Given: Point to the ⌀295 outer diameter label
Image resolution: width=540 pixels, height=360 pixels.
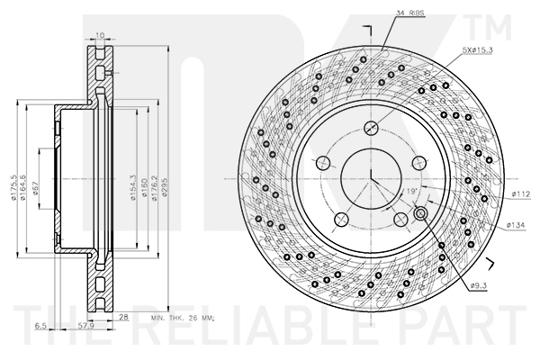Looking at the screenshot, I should point(166,175).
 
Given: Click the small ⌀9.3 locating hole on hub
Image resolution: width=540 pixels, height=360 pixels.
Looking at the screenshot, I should point(420,212).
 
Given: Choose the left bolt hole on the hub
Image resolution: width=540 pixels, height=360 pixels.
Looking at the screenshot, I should point(323,163).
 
